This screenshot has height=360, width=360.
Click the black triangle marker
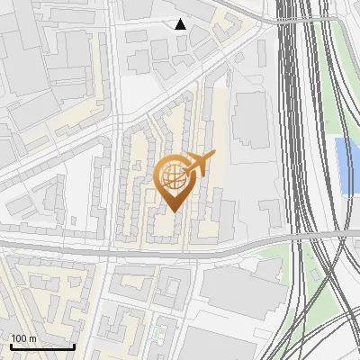tap(181, 24)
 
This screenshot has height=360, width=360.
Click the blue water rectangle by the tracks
tap(346, 166)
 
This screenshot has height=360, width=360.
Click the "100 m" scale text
tap(24, 337)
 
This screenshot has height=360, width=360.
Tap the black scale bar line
tap(41, 346)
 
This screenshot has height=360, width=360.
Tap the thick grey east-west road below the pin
tap(135, 251)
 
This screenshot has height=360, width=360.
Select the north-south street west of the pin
tap(113, 180)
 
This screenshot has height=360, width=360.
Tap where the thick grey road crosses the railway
tap(297, 240)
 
